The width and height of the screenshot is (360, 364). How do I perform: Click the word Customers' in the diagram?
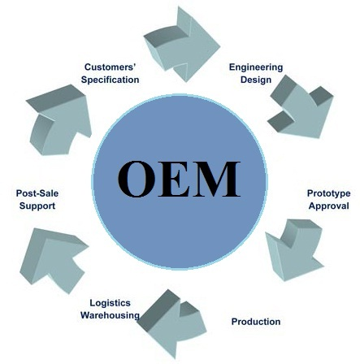[x=110, y=67]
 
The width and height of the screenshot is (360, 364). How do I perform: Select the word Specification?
[x=110, y=80]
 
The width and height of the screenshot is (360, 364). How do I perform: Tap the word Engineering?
[x=256, y=67]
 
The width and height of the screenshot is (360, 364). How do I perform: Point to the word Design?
[x=256, y=80]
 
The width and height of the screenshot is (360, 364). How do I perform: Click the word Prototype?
[x=328, y=193]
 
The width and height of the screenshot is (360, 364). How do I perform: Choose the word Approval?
[x=328, y=206]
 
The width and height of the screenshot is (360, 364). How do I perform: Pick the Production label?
[x=256, y=322]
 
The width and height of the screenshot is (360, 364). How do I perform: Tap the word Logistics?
[x=110, y=303]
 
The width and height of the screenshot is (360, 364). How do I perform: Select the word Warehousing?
[x=110, y=315]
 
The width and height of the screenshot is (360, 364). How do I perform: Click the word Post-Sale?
[x=37, y=193]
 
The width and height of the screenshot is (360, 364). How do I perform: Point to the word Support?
[x=37, y=206]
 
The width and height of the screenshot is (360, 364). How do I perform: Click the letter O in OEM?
[x=136, y=179]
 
